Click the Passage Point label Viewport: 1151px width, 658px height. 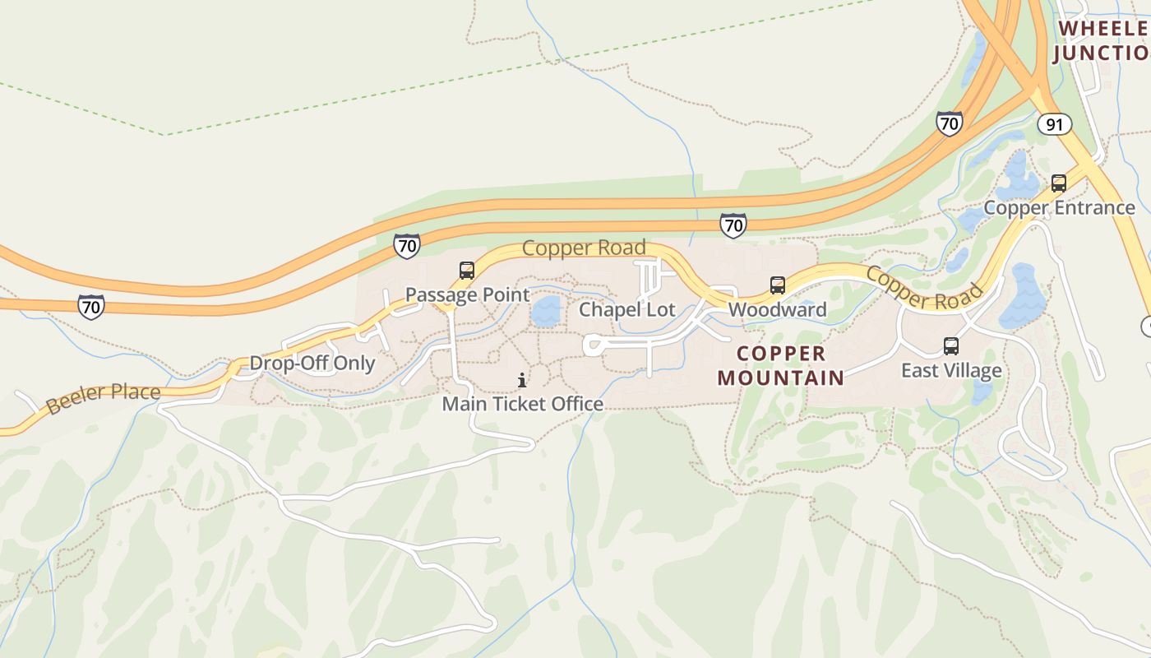[x=467, y=294]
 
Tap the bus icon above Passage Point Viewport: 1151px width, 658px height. [x=466, y=270]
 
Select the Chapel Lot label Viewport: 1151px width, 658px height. [x=626, y=310]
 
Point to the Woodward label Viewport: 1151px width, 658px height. [x=777, y=310]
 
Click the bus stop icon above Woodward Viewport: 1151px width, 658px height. [x=777, y=285]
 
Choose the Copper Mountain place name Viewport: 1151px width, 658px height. [x=780, y=366]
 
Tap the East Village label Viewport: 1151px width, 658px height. [x=951, y=370]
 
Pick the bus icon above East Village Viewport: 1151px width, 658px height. [x=951, y=346]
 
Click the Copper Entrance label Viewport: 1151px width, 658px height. [x=1059, y=207]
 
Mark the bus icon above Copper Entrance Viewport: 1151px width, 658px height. [x=1059, y=183]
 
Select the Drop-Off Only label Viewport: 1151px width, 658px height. [x=312, y=364]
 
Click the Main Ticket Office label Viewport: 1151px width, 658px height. [x=522, y=404]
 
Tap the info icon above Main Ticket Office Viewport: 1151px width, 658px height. [x=522, y=380]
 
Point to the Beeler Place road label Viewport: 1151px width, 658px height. [x=104, y=398]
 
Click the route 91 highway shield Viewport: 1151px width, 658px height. [x=1054, y=124]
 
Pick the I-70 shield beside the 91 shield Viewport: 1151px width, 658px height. [x=950, y=124]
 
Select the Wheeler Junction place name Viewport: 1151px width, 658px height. [x=1102, y=40]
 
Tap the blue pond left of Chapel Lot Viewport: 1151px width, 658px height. [x=546, y=311]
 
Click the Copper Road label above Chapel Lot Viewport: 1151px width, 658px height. [x=584, y=248]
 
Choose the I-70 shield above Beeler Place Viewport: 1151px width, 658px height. [x=91, y=307]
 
